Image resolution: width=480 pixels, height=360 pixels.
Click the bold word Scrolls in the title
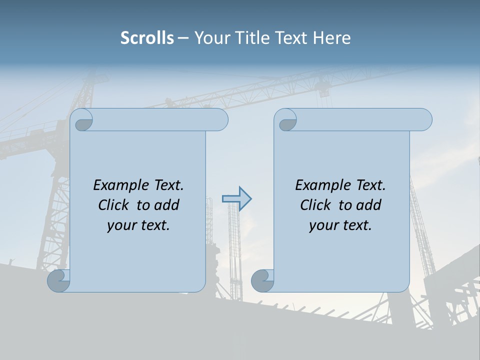coord(147,38)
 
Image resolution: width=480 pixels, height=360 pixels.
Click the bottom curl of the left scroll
coord(58,280)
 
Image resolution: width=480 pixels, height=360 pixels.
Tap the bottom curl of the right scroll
coord(262,280)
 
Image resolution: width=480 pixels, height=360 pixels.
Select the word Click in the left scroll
coord(114,205)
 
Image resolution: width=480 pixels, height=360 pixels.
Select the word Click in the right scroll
coord(316,205)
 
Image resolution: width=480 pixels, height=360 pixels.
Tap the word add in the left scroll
coord(167,205)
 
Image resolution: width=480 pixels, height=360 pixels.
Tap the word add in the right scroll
coord(369,205)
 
